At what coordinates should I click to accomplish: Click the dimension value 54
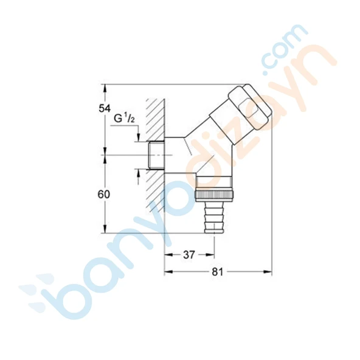click(105, 108)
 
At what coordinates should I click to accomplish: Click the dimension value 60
click(104, 195)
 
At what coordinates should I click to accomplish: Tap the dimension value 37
click(189, 255)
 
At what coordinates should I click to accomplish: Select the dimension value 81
click(217, 272)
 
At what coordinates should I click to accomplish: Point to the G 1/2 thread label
click(124, 119)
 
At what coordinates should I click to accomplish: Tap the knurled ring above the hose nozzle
click(215, 195)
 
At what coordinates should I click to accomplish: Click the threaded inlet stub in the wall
click(156, 155)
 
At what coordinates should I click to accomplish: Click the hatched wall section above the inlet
click(156, 120)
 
